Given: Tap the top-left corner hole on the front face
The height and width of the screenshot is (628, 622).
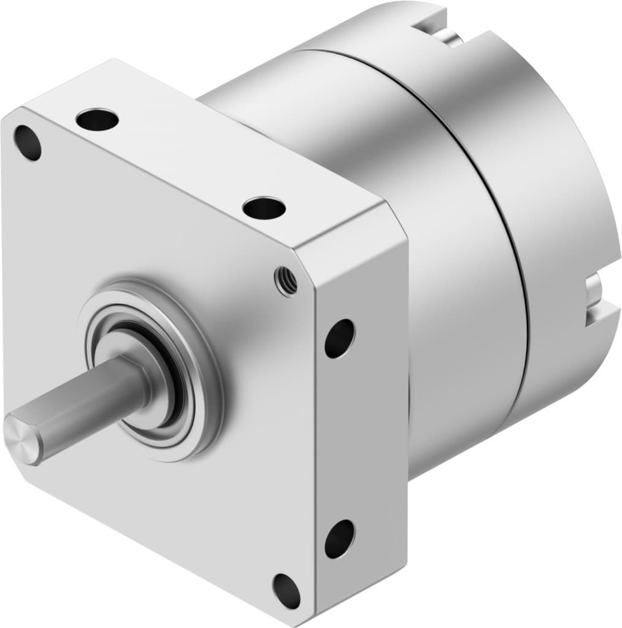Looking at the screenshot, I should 28,142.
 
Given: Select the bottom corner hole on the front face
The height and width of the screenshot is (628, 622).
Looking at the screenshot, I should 286,591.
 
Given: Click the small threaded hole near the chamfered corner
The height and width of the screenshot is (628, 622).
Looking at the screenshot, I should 286,281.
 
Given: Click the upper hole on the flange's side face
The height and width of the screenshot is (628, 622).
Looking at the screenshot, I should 340,339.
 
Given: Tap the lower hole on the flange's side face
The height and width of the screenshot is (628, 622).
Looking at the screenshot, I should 339,538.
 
